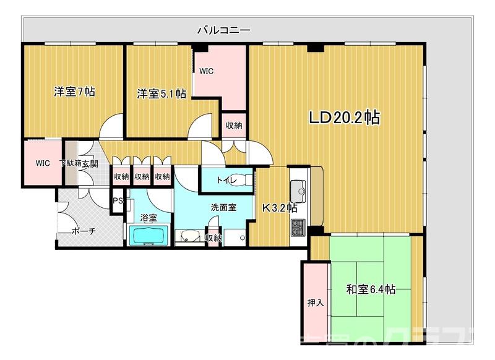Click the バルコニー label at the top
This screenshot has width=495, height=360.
223,30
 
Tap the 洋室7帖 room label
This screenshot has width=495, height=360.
74,92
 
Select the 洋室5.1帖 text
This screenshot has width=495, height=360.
161,94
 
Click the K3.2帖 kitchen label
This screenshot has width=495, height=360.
280,208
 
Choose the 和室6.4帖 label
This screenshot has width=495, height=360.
371,289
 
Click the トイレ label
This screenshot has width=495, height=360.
225,181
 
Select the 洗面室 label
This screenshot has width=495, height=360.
223,208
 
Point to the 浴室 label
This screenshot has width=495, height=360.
148,218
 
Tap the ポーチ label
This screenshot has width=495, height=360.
84,231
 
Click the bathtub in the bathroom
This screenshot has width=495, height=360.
148,236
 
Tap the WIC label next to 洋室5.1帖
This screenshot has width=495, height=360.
206,71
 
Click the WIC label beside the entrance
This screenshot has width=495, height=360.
42,163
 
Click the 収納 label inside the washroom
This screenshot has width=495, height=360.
213,238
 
